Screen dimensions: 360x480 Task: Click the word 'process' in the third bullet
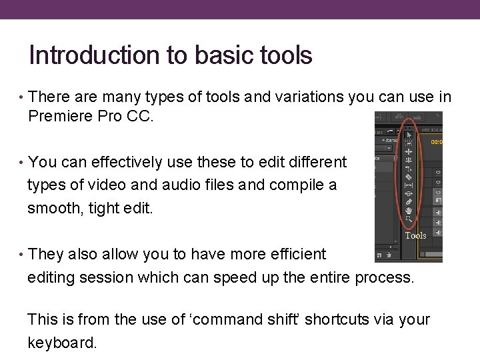pos(384,277)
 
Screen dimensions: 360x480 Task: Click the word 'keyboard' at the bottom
pos(61,343)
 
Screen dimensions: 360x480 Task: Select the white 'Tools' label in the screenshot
pos(415,235)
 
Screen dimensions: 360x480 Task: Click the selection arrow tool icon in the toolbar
pos(409,134)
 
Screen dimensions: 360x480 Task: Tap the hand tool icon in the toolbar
pos(409,211)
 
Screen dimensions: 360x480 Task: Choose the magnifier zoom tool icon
pos(409,219)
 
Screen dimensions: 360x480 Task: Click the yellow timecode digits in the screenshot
pos(436,142)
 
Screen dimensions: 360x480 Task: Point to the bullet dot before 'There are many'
pos(22,98)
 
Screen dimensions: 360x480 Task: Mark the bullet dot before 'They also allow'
pos(22,255)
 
